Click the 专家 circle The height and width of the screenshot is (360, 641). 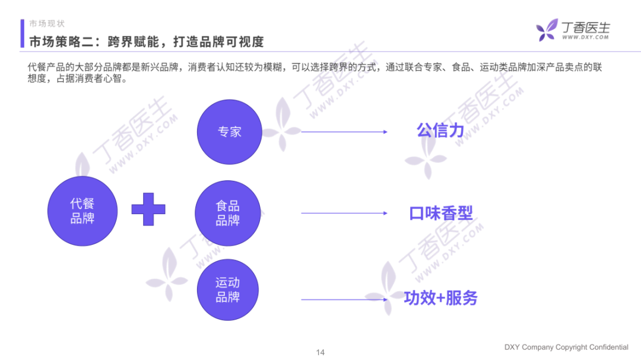pos(229,132)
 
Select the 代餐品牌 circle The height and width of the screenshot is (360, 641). pos(81,211)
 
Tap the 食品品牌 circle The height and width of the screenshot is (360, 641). pos(228,214)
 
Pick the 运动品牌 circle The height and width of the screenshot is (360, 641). pos(228,291)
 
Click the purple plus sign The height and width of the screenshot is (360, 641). pos(148,209)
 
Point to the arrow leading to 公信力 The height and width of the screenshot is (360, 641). pos(344,132)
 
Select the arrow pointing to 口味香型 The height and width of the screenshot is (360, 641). pos(344,213)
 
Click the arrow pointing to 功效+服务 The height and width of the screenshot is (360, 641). pos(344,299)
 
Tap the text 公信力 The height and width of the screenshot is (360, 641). pos(440,130)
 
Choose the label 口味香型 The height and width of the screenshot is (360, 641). pos(440,213)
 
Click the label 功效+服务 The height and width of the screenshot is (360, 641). pos(440,298)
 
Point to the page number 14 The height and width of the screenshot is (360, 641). pos(320,352)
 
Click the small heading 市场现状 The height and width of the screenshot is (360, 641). pos(47,24)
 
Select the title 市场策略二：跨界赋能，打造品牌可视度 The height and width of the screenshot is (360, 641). pos(147,42)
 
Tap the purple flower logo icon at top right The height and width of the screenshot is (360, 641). pos(547,30)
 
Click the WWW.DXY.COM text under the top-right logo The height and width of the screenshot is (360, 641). pos(585,37)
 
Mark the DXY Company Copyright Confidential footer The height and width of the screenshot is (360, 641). pos(566,347)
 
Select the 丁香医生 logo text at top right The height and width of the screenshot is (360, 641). pos(585,27)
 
